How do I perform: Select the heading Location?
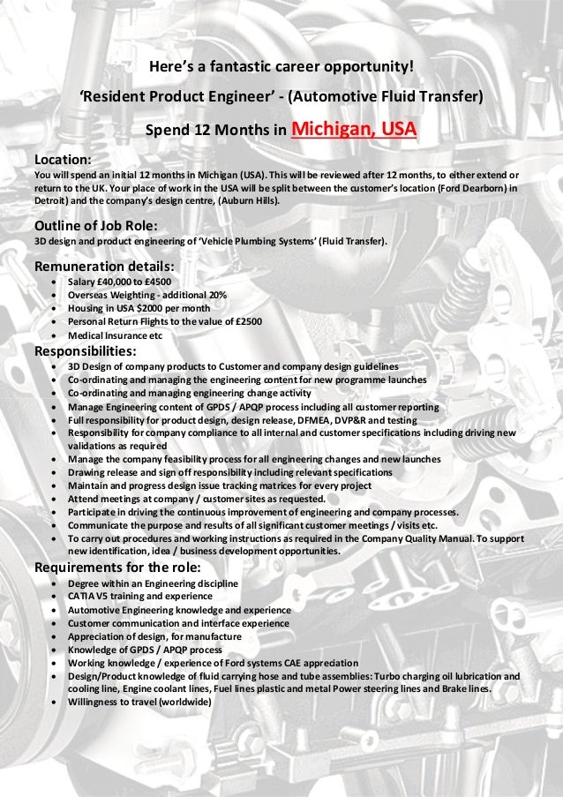[63, 160]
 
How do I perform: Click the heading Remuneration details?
[103, 267]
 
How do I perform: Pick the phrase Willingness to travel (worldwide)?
[139, 702]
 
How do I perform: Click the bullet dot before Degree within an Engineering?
[57, 583]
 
